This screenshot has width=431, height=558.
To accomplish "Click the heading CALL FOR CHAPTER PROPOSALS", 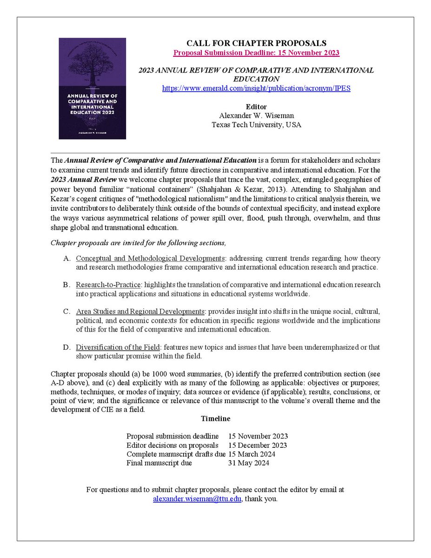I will tap(256, 43).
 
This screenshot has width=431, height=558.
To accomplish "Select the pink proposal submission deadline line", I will tap(256, 53).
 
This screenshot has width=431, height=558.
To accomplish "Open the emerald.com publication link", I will tap(256, 88).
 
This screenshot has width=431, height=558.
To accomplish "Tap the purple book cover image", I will tap(92, 88).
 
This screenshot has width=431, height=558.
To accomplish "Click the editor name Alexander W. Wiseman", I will tap(256, 116).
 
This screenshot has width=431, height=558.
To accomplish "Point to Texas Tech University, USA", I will tap(256, 124).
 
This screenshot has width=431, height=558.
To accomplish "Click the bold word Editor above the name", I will tap(256, 107).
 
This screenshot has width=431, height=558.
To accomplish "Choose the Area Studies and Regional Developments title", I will tap(140, 311).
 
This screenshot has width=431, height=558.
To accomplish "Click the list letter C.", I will tap(66, 311).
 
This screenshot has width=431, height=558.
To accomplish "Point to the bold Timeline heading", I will tap(215, 418).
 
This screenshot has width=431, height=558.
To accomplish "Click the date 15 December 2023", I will tap(257, 445).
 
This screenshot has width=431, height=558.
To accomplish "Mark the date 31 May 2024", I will tap(248, 463).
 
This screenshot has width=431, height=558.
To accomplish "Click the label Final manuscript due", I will tap(159, 463).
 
